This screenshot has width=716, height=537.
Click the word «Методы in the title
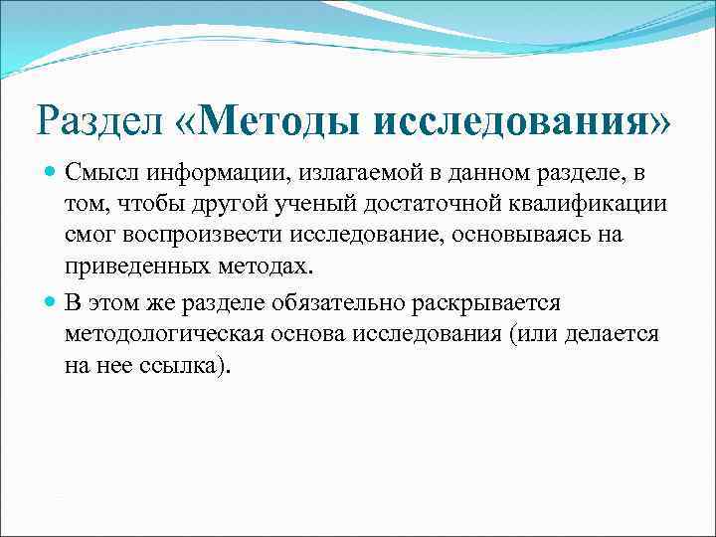(x=263, y=121)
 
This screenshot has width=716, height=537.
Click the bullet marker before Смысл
(x=52, y=174)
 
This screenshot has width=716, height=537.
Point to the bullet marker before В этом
(x=52, y=301)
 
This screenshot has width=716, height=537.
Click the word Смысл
(x=102, y=174)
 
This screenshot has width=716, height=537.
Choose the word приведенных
(x=135, y=269)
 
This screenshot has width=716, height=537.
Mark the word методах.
(x=268, y=269)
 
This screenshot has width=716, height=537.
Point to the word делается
(x=609, y=333)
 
